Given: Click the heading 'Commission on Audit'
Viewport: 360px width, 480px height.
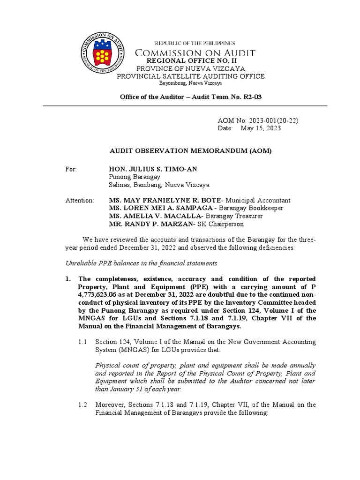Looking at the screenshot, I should click(195, 53).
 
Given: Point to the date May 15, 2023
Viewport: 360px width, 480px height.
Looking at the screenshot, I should click(261, 128).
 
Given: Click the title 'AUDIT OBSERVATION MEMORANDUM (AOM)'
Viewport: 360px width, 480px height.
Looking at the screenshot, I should click(190, 151).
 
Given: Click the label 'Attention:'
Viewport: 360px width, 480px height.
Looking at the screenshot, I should click(80, 200).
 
